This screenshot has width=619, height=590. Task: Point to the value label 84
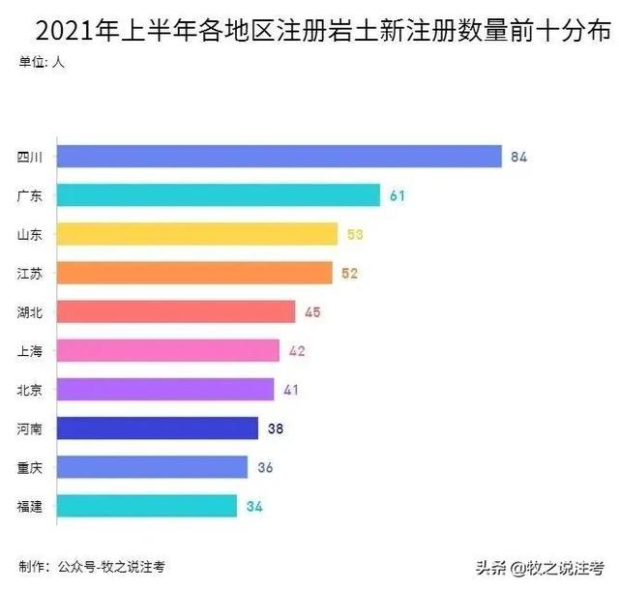click(x=518, y=157)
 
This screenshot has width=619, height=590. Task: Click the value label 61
click(x=397, y=195)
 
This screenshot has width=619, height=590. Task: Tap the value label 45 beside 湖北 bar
click(x=311, y=312)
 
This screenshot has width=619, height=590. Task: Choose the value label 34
click(x=253, y=506)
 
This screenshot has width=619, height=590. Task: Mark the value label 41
click(x=292, y=390)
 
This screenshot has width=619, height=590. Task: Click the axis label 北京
click(x=29, y=390)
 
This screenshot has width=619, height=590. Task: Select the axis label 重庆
click(x=29, y=467)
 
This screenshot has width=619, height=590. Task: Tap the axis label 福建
click(x=29, y=506)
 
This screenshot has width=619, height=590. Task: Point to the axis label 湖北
click(x=29, y=312)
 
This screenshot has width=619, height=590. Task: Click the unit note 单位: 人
click(x=43, y=64)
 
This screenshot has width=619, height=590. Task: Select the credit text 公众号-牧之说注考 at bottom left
click(x=103, y=566)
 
